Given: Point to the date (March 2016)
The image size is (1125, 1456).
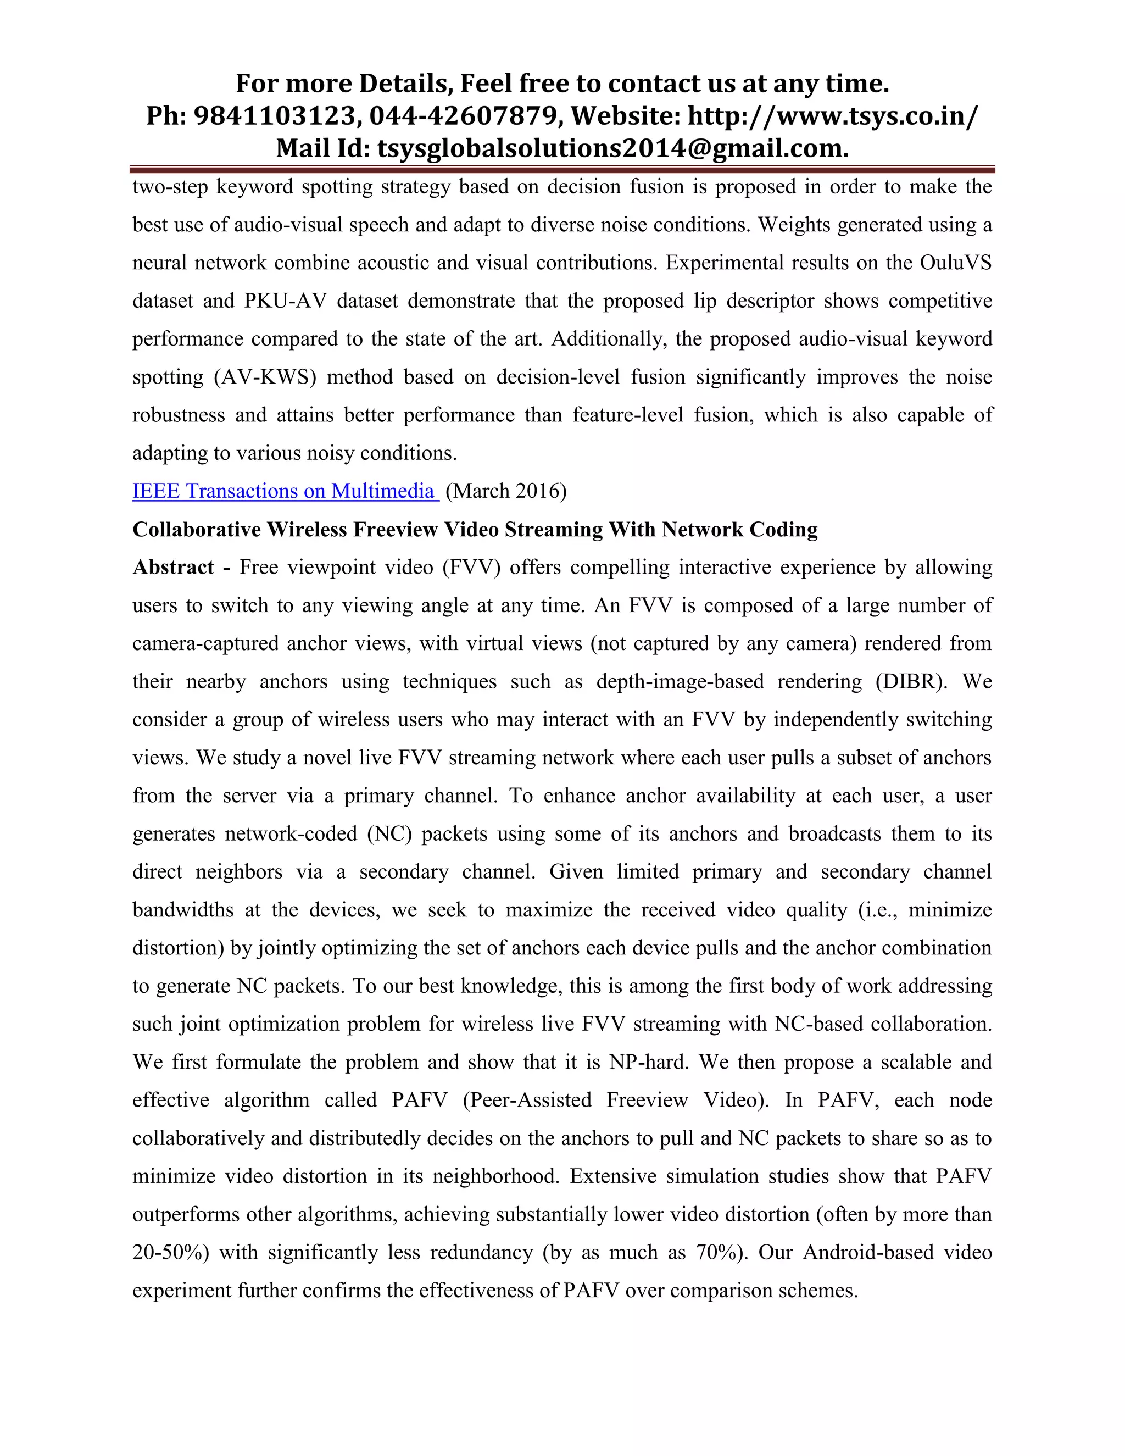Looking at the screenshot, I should pyautogui.click(x=505, y=491).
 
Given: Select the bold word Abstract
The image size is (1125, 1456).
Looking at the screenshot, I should pyautogui.click(x=173, y=568).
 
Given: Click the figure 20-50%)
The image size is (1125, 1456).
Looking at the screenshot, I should pyautogui.click(x=171, y=1252).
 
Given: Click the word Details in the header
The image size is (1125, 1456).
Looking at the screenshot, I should pyautogui.click(x=406, y=84).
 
